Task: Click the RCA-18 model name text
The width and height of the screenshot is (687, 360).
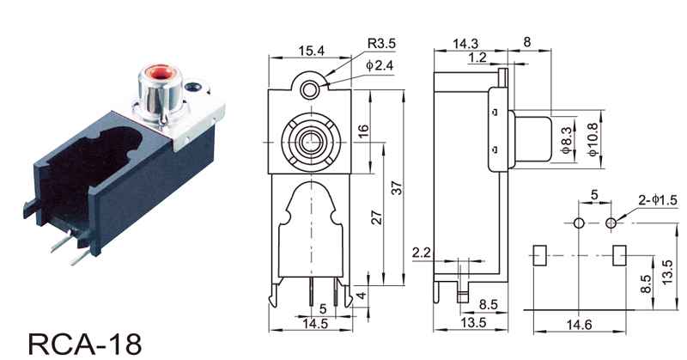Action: coord(85,344)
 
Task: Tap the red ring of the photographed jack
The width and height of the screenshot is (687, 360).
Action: coord(160,72)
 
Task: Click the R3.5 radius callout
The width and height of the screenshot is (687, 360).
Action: coord(381,44)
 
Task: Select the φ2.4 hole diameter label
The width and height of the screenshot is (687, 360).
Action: coord(380,65)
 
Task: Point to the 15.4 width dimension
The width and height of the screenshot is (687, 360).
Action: coord(311,51)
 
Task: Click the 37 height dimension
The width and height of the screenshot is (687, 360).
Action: coord(396,187)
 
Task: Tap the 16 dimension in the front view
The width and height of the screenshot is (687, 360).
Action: coord(363,131)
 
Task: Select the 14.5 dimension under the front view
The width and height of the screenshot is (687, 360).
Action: coord(315,323)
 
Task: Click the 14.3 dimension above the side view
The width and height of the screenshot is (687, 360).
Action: coord(465,44)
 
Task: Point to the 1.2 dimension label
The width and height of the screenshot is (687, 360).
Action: coord(477,57)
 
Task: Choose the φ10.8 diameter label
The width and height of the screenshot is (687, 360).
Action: coord(593,139)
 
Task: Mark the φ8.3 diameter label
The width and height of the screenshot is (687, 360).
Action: coord(567,140)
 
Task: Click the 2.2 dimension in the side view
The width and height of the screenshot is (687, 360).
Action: coord(422,253)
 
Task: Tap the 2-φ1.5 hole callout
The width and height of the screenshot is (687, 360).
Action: coord(657,200)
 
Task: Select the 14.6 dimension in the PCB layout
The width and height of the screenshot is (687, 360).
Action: coord(579,325)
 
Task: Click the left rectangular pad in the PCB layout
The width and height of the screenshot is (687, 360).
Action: coord(539,255)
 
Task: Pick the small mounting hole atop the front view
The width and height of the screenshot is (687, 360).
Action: coord(309,91)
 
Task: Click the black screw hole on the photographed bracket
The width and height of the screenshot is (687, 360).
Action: coord(193,87)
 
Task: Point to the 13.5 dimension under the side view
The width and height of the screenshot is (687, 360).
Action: coord(473,322)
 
